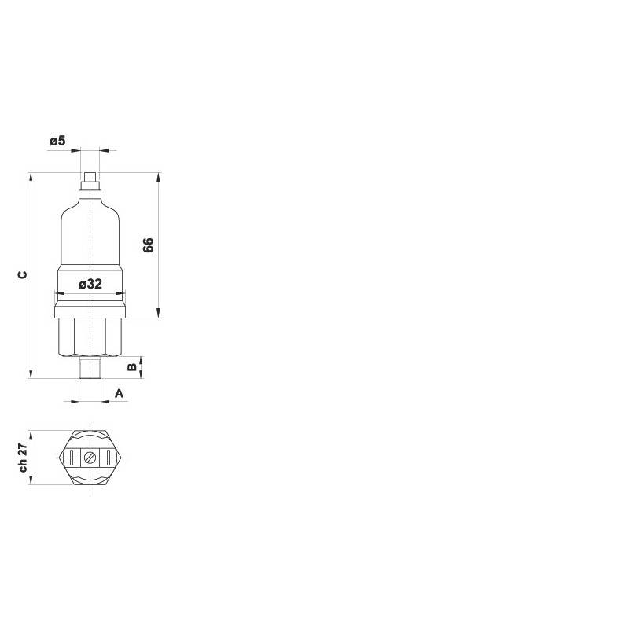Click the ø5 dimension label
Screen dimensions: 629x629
pyautogui.click(x=57, y=141)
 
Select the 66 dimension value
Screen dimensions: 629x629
pyautogui.click(x=149, y=245)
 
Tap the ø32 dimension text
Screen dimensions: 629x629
pyautogui.click(x=90, y=284)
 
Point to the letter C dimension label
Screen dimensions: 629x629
pyautogui.click(x=23, y=274)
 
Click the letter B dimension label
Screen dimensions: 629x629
pyautogui.click(x=132, y=367)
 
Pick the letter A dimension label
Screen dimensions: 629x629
pyautogui.click(x=120, y=394)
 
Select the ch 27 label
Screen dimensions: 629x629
pyautogui.click(x=23, y=458)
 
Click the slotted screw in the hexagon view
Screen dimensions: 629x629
pyautogui.click(x=90, y=458)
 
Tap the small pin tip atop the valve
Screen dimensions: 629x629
pyautogui.click(x=90, y=177)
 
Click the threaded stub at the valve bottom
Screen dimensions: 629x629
pyautogui.click(x=90, y=367)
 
